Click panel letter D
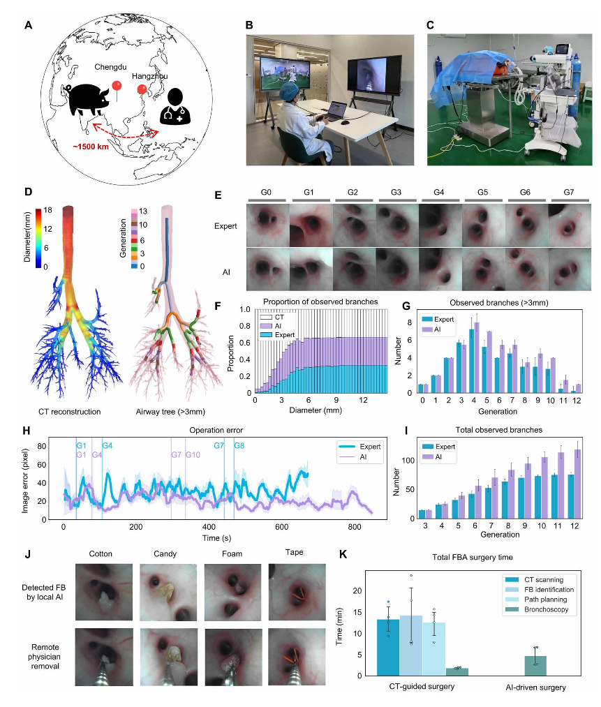pos(28,191)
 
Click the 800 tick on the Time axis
pos(354,526)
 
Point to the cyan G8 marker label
pos(239,445)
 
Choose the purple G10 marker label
pos(193,455)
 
